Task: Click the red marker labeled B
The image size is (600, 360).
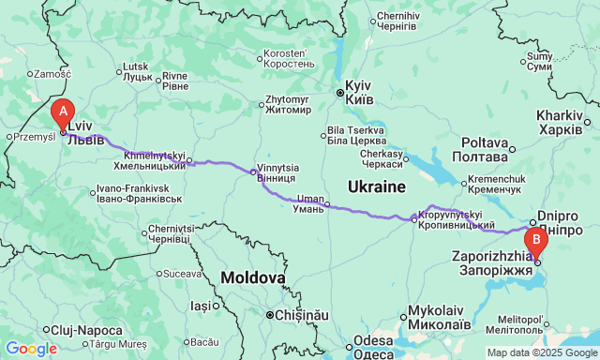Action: (x=536, y=241)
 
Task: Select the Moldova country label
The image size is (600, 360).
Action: (x=252, y=277)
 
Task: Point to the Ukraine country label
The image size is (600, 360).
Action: (x=376, y=187)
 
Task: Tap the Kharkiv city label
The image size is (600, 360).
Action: (x=561, y=121)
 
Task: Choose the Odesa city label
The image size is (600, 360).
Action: (x=374, y=346)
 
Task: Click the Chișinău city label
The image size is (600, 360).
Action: (x=298, y=315)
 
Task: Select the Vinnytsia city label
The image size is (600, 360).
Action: (x=277, y=173)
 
